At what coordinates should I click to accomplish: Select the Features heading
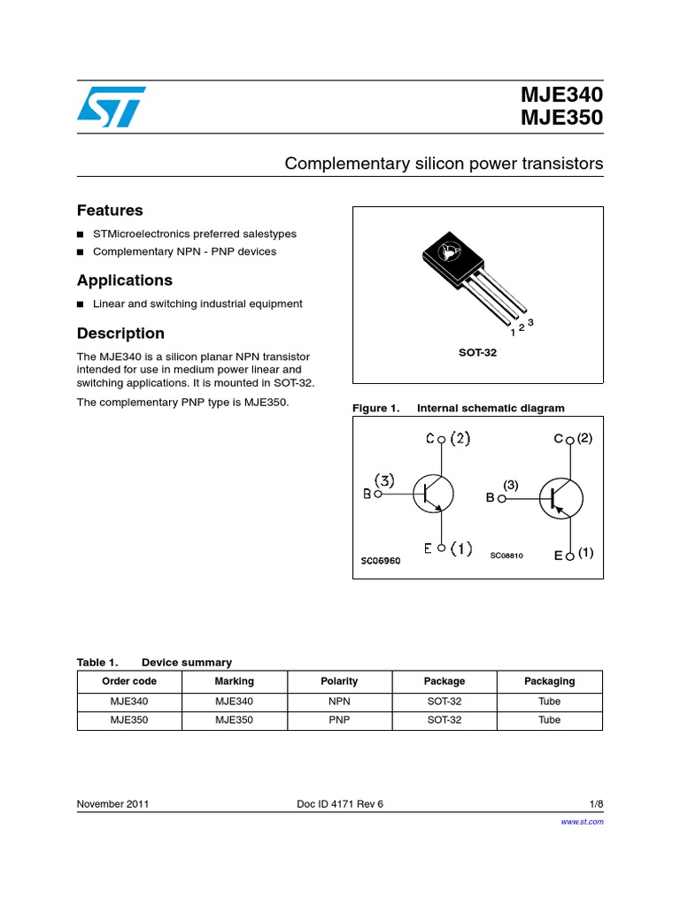click(x=110, y=211)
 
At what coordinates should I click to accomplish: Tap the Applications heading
click(x=125, y=280)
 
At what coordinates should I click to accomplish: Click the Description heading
click(x=120, y=334)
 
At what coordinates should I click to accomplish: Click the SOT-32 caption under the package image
click(x=477, y=353)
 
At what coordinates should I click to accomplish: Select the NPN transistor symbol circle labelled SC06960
click(x=433, y=494)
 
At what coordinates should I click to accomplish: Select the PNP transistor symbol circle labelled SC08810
click(x=560, y=497)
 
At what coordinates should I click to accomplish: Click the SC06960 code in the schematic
click(x=380, y=561)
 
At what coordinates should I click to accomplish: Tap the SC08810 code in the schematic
click(x=507, y=556)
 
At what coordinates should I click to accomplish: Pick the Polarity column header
click(x=339, y=681)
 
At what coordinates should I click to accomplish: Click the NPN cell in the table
click(x=339, y=701)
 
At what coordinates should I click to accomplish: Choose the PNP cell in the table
click(x=339, y=720)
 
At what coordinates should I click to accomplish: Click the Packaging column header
click(x=549, y=681)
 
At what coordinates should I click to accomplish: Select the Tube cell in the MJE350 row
click(x=549, y=720)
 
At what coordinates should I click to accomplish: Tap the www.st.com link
click(x=583, y=822)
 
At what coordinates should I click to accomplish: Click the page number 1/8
click(x=596, y=804)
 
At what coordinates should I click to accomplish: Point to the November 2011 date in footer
click(x=112, y=804)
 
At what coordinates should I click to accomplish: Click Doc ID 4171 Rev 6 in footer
click(x=340, y=804)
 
